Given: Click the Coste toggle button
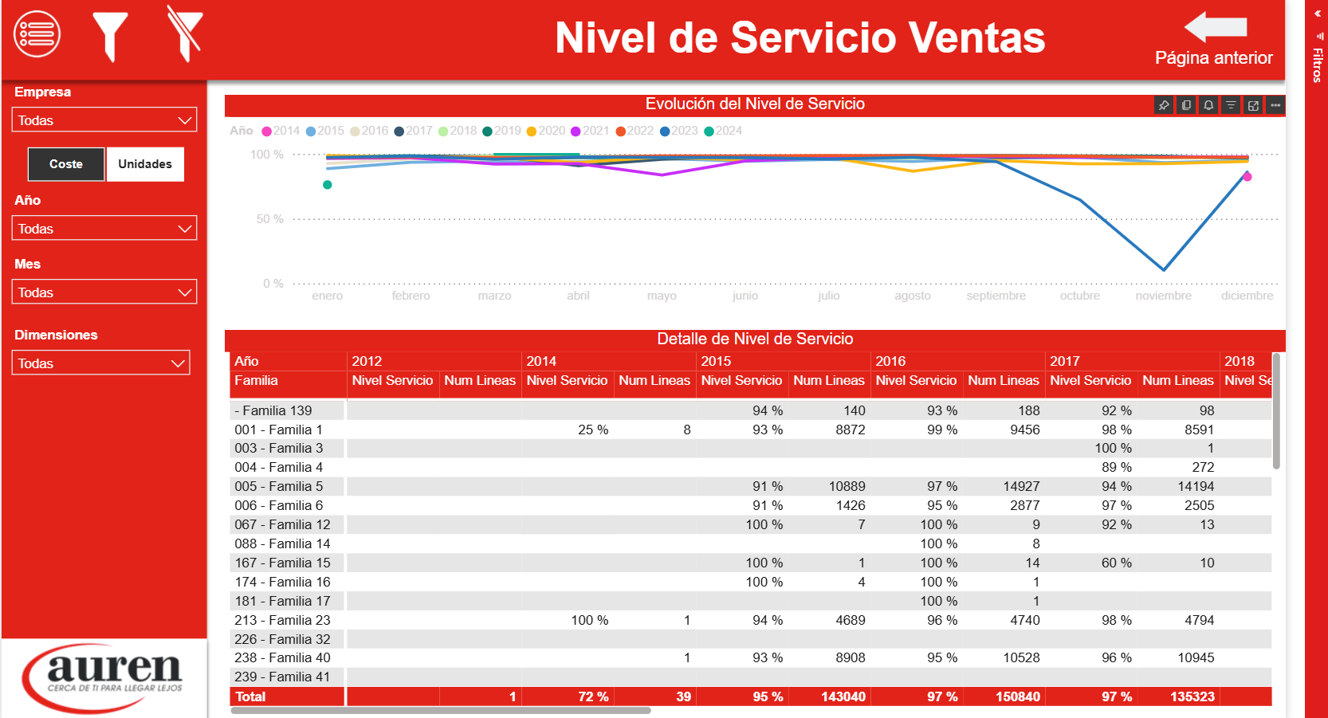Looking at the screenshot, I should pos(66,164).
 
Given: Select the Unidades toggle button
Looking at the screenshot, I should pos(145,164).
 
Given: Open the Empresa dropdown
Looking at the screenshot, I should pos(104,120).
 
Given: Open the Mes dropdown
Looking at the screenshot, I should pos(104,292).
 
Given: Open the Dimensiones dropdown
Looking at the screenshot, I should pos(101,363).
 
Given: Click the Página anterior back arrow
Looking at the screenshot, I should pos(1216,28).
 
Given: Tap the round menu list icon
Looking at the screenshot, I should pos(37,34).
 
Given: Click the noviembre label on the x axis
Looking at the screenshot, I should pos(1163,296).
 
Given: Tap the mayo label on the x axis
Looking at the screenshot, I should pos(662,296).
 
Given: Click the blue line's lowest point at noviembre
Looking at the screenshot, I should pos(1164,269).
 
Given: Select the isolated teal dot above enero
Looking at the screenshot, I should pos(328,185).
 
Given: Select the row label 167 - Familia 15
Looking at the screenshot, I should pos(282,563).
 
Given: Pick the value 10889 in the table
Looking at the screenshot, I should pos(847,486).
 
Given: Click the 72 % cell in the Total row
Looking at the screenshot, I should pos(593,696).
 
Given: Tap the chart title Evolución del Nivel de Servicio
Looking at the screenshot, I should pos(755,104).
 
